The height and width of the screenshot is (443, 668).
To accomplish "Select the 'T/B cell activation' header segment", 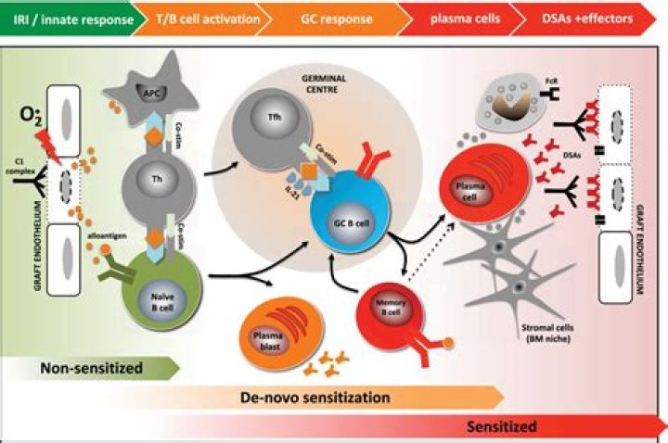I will click(x=199, y=15).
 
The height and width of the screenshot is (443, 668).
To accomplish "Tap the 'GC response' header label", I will click(x=339, y=15).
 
